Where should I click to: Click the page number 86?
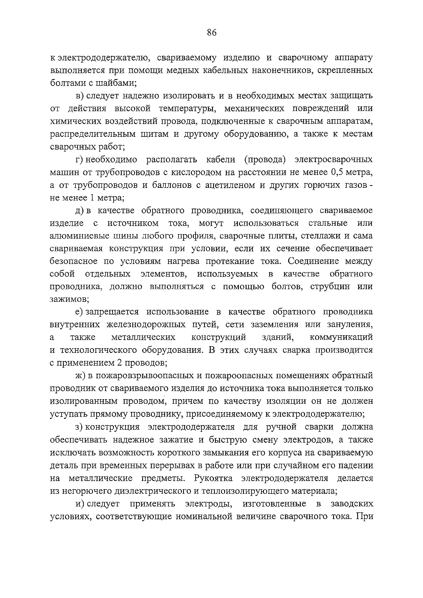(x=211, y=33)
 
